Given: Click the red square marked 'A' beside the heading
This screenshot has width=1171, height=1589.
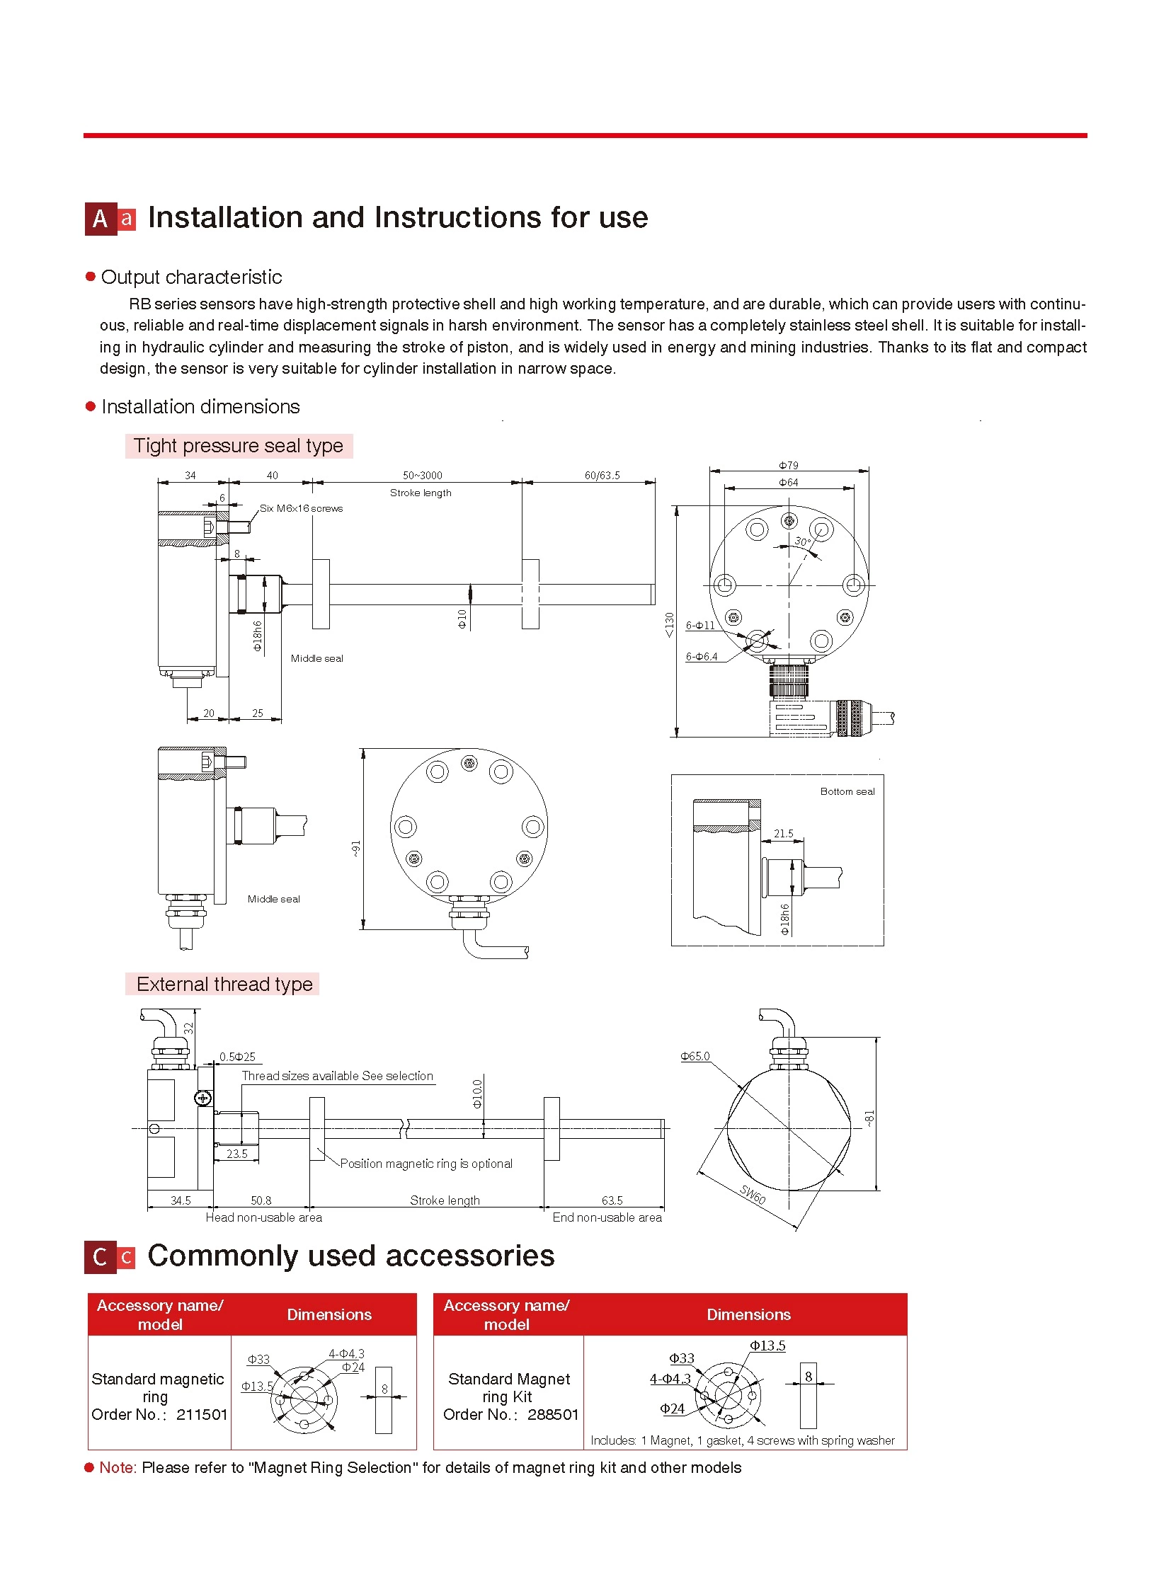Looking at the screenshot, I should pos(101,219).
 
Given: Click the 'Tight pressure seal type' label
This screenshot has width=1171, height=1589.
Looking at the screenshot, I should pos(238,446).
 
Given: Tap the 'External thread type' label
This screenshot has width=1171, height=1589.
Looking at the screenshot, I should pos(224,984).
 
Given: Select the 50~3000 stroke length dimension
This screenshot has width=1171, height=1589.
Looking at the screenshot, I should pos(422,476).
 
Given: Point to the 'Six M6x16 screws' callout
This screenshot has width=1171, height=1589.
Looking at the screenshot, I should pos(301,508).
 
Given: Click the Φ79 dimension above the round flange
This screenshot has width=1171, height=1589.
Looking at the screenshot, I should pos(788,466).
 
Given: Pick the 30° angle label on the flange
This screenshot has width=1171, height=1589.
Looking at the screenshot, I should pos(801,541).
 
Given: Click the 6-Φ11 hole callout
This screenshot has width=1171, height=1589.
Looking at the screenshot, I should pos(700,625).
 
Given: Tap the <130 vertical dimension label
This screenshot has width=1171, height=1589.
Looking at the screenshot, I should pos(669,624).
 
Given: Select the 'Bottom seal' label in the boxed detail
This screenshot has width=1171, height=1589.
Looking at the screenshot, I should pos(847,791).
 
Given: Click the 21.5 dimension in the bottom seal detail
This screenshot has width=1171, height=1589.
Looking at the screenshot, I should pos(783,834).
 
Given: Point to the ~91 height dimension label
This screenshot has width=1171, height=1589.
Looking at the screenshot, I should pos(356,849).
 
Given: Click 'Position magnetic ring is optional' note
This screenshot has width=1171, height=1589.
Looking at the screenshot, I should pos(426,1164).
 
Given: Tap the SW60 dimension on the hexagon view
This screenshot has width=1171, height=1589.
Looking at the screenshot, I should pos(753,1194).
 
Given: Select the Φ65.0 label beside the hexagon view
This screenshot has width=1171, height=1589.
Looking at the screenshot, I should pos(695,1056).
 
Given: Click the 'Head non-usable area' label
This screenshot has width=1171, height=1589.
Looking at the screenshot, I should pos(263,1217).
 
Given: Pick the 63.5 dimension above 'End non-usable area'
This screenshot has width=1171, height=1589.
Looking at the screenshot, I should pos(612,1200).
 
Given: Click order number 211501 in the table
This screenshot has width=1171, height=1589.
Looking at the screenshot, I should pos(202,1415).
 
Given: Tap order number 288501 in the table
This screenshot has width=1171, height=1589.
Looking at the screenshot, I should pos(553,1415).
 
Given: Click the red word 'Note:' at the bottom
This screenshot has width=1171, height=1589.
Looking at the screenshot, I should pos(118,1468).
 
